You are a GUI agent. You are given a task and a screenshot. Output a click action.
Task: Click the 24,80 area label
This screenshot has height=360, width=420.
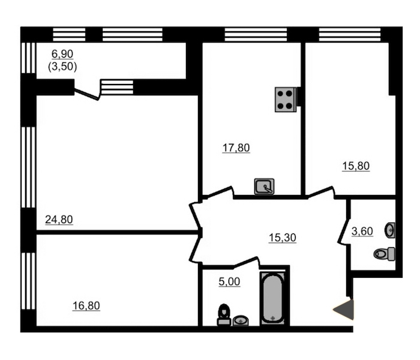[x=59, y=220]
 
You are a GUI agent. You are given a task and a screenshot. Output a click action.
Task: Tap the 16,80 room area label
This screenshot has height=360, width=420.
[x=86, y=305]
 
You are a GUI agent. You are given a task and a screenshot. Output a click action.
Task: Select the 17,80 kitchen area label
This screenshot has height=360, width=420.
[x=236, y=148]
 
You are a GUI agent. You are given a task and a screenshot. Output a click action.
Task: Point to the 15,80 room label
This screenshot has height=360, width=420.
[x=356, y=166]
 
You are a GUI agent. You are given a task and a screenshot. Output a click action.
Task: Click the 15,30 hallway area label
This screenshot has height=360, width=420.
[x=283, y=238]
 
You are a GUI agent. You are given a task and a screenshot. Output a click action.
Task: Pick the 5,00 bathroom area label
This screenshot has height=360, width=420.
[x=229, y=281]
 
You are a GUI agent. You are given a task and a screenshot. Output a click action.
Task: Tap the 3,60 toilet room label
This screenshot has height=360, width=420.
[x=362, y=231]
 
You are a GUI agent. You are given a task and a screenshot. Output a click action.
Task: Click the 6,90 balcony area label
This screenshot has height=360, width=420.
[x=62, y=54]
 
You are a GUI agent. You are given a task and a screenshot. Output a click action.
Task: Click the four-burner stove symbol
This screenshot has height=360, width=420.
[x=286, y=100]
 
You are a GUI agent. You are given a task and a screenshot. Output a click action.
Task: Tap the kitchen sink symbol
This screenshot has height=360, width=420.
[x=264, y=186]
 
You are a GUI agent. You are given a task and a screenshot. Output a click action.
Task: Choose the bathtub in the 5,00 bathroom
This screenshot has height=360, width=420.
[x=272, y=298]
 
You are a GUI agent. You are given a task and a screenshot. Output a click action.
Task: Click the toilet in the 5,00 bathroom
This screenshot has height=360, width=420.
[x=224, y=315]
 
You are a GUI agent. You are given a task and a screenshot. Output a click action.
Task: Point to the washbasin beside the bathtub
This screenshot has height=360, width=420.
[x=241, y=320]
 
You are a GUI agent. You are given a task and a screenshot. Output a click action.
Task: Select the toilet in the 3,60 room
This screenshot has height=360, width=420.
[x=385, y=254]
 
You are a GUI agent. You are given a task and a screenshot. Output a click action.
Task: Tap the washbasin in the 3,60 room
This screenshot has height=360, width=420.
[x=390, y=230]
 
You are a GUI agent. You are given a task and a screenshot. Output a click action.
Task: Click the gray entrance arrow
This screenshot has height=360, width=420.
[x=343, y=310]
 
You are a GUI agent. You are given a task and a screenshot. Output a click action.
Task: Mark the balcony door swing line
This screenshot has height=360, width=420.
[x=86, y=94]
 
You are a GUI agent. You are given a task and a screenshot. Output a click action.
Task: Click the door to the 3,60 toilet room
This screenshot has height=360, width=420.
[x=344, y=231]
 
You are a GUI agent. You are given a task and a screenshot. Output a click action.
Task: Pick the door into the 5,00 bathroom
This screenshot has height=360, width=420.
[x=246, y=262]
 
